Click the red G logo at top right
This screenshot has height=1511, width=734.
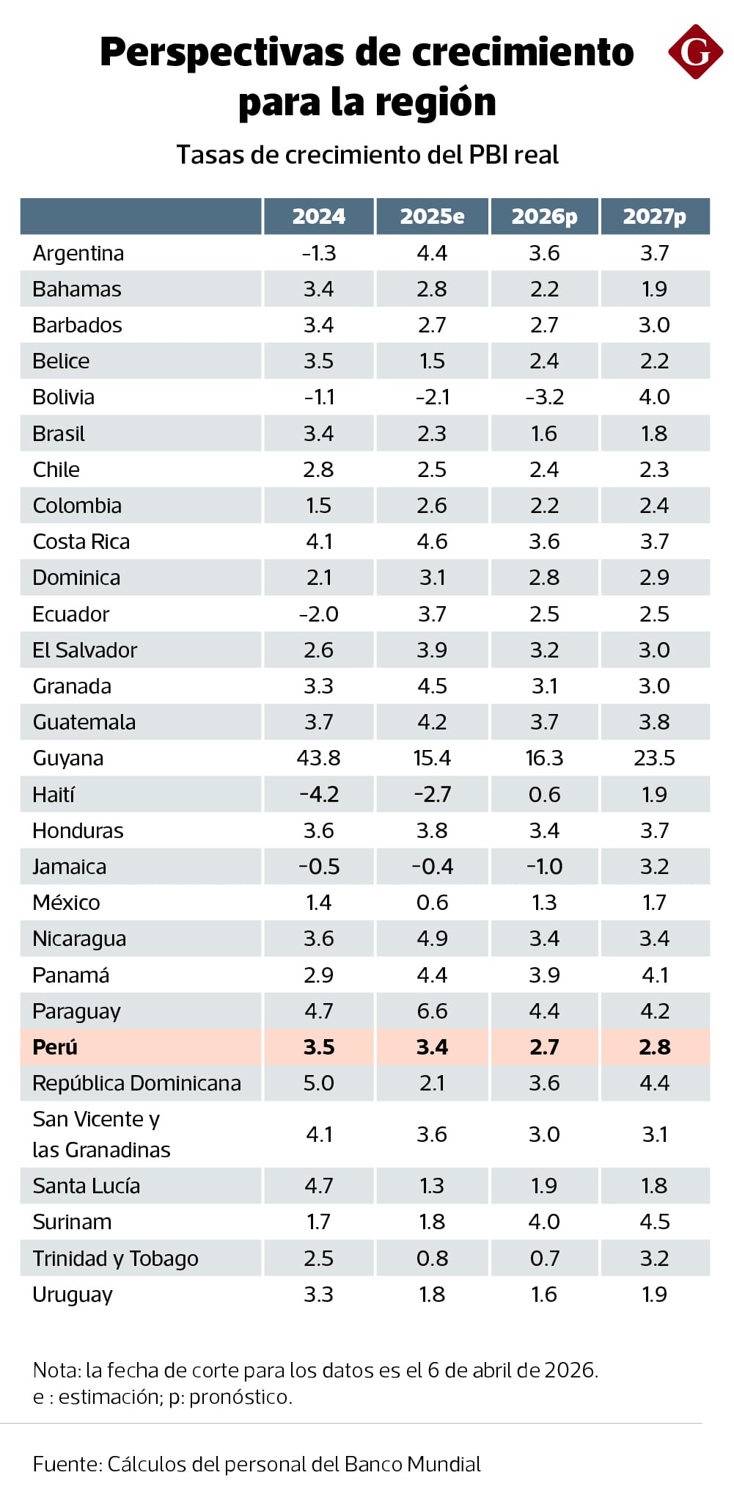(x=695, y=51)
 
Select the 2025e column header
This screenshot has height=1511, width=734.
(x=432, y=216)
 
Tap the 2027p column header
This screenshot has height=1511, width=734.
(x=654, y=216)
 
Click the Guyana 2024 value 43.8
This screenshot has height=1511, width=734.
(x=318, y=758)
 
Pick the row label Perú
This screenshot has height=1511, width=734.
(x=55, y=1047)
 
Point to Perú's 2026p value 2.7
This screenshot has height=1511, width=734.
(x=544, y=1047)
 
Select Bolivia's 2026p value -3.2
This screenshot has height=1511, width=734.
(x=544, y=397)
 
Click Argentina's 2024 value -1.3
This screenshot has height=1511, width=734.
(x=318, y=253)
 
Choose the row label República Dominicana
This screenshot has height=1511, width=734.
(x=136, y=1083)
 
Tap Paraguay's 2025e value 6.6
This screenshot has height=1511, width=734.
(x=432, y=1011)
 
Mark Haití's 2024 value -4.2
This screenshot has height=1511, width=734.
(x=318, y=795)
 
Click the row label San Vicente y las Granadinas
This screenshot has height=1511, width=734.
(x=101, y=1135)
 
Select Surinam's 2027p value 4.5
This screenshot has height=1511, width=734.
(x=654, y=1222)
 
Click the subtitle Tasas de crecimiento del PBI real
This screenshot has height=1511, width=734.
(x=367, y=155)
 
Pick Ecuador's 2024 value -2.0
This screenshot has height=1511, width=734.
(x=318, y=614)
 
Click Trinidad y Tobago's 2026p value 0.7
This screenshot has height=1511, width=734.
(x=544, y=1259)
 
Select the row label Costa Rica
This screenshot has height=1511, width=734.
(x=81, y=542)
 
